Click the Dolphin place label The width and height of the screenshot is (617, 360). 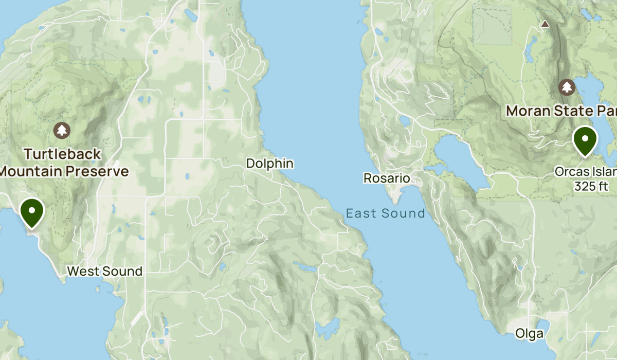(269, 164)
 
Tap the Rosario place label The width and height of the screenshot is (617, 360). (387, 178)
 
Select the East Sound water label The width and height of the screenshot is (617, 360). (385, 213)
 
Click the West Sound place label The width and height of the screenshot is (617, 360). (104, 271)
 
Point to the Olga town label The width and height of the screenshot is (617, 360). (529, 334)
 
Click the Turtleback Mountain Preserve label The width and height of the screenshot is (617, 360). (63, 162)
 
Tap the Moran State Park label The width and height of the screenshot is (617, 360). (561, 111)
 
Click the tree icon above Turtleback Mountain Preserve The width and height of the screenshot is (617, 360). (62, 131)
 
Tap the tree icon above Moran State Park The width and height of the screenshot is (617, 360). (567, 87)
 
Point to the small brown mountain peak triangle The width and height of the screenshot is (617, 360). (545, 24)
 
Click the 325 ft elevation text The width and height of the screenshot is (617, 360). (591, 186)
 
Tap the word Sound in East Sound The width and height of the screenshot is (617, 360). (407, 213)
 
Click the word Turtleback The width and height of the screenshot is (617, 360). (63, 154)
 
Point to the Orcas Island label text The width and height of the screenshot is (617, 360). (585, 172)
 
